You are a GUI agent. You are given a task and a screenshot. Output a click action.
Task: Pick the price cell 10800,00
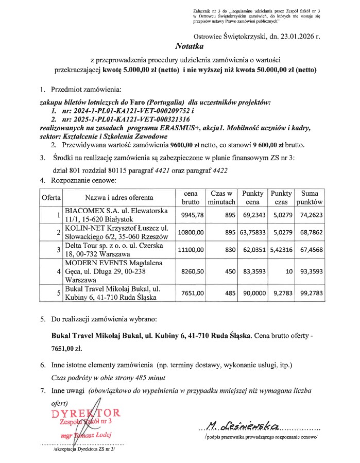(x=191, y=232)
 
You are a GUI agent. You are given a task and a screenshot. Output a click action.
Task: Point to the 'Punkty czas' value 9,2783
(x=281, y=293)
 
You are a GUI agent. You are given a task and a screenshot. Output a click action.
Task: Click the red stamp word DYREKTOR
(x=86, y=414)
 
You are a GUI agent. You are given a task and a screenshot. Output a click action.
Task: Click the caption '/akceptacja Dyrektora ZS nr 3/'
(x=83, y=449)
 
